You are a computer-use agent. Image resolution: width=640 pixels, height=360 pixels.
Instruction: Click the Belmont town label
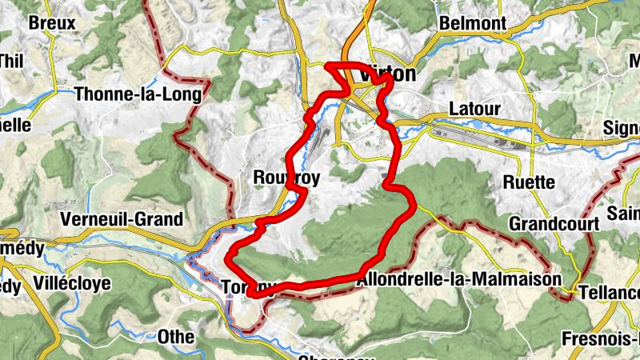tap(473, 23)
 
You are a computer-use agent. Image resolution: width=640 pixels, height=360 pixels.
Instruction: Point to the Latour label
tap(474, 108)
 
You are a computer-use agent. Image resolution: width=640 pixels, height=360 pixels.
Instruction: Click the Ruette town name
tap(529, 182)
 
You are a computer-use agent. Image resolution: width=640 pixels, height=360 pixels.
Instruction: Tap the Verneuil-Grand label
tap(122, 218)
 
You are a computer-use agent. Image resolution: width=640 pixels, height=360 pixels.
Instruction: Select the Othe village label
tap(175, 336)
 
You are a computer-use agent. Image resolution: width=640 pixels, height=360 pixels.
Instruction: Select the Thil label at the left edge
tap(11, 61)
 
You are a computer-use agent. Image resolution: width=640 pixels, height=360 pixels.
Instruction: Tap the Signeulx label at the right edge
tap(621, 128)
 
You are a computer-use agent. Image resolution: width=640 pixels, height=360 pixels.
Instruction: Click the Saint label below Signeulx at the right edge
tap(623, 213)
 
